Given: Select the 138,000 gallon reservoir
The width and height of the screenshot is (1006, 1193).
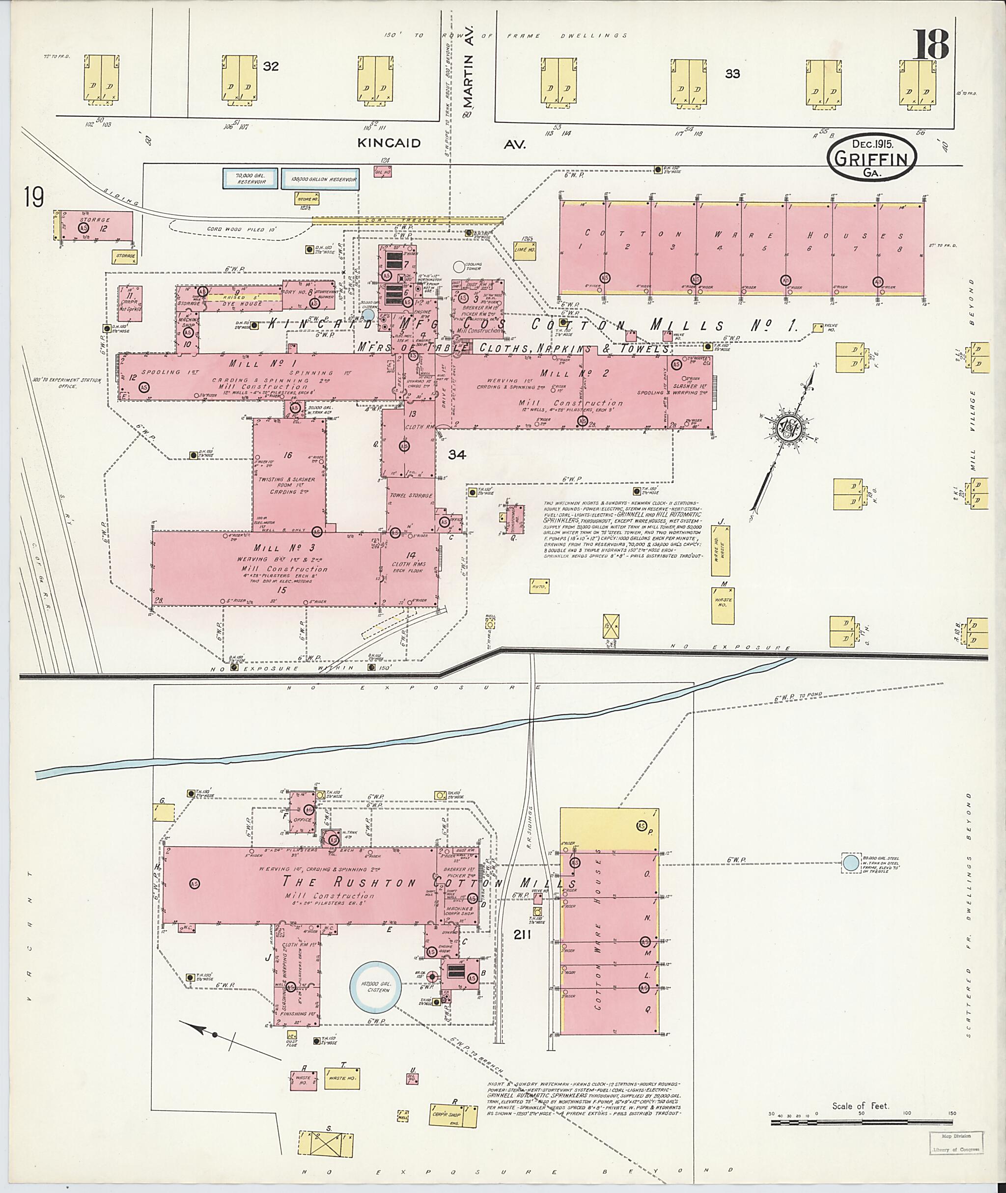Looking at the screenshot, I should (x=320, y=178).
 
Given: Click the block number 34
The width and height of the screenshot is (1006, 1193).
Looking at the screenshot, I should (x=457, y=454).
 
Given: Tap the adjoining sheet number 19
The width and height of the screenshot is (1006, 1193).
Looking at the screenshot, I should (x=33, y=198).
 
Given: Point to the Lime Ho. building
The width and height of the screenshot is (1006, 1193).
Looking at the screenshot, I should (x=524, y=251).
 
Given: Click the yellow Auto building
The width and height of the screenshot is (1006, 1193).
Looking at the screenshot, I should (x=539, y=585).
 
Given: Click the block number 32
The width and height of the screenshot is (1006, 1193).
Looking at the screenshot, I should (x=271, y=67).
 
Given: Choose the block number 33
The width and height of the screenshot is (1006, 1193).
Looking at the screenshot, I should (x=732, y=74).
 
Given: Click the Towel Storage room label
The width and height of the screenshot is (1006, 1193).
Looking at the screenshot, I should (x=411, y=496).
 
